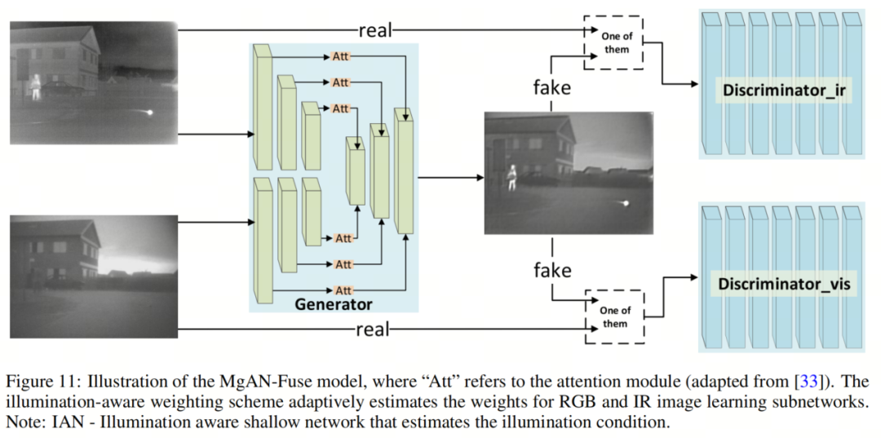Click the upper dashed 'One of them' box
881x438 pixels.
coord(613,42)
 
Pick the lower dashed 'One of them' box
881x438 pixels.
coord(615,316)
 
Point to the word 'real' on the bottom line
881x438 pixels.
coord(373,329)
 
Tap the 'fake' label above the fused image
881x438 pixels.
coord(552,87)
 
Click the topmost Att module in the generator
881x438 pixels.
coord(340,56)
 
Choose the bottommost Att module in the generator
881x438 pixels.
coord(343,290)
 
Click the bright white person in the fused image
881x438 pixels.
coord(511,177)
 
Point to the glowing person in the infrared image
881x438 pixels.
coord(36,87)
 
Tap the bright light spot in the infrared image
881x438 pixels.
coord(149,113)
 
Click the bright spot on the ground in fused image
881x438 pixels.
coord(625,203)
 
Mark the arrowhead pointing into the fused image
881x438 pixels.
coord(480,178)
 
